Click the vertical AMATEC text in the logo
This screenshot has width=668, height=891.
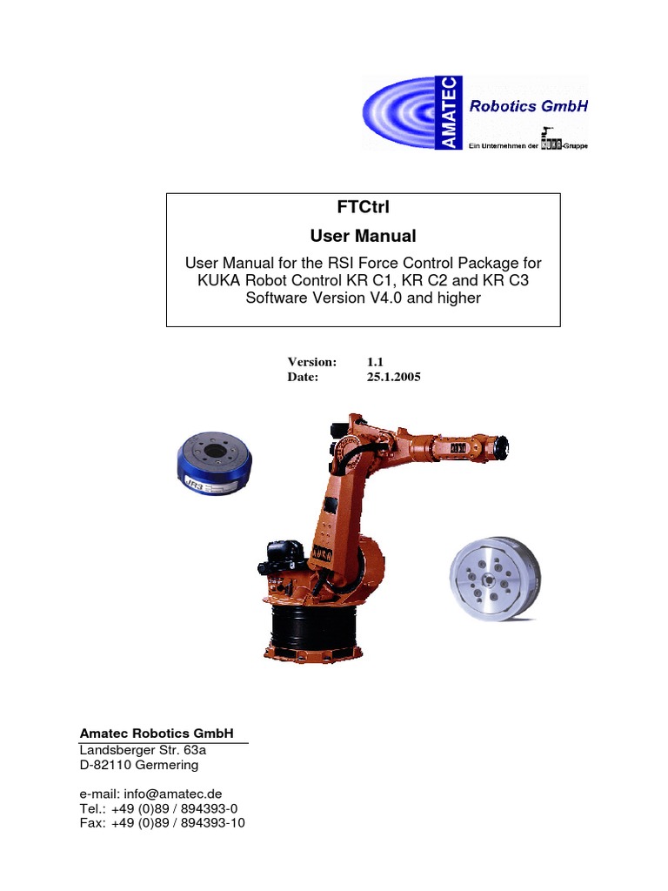point(452,113)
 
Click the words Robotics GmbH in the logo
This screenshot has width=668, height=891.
point(529,107)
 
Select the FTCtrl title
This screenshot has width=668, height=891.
point(364,208)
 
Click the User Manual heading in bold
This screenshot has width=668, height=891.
point(364,236)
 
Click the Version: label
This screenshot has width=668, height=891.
point(311,361)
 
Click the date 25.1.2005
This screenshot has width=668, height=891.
point(394,378)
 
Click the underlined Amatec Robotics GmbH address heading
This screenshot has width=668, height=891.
point(157,734)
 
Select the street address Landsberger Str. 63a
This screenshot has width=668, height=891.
point(143,750)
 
